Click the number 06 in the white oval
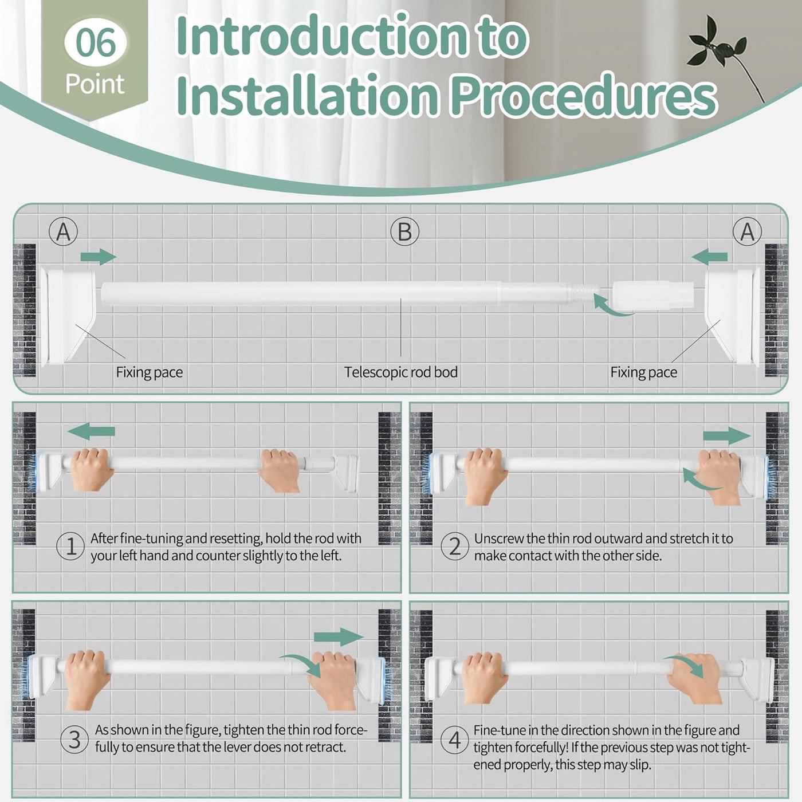point(95,42)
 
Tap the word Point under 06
point(95,84)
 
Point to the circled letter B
point(404,232)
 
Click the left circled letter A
point(64,232)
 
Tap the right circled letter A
point(747,232)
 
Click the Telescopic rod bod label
point(400,372)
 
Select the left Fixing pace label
point(149,372)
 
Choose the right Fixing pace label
point(643,372)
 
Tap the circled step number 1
point(70,547)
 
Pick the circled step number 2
point(454,547)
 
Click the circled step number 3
point(74,739)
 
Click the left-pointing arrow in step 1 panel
point(92,431)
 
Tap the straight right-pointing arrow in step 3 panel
point(338,636)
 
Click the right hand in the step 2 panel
point(720,475)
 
